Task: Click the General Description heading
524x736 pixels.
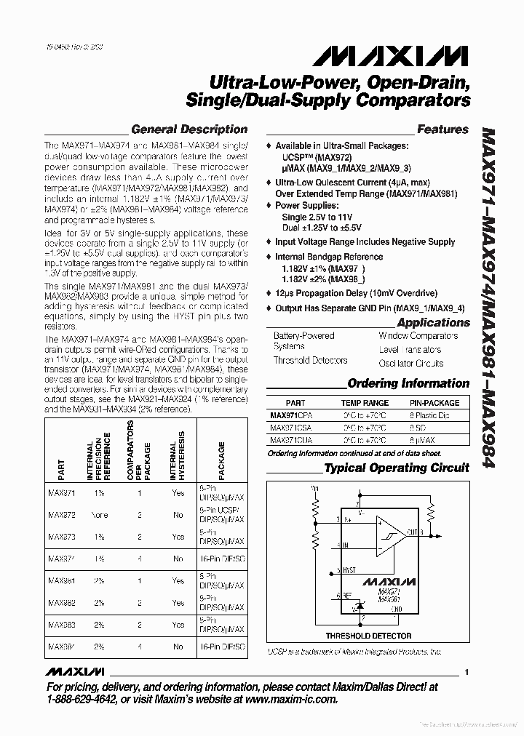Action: tap(188, 129)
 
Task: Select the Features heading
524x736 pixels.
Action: tap(442, 129)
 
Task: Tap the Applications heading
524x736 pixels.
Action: tap(433, 322)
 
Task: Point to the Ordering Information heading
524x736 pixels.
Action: tap(408, 383)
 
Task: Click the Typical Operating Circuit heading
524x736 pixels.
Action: tap(397, 468)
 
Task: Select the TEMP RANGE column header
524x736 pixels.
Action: tap(365, 402)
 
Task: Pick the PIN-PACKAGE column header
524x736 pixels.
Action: tap(434, 402)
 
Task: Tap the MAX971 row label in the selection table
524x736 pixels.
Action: tap(61, 492)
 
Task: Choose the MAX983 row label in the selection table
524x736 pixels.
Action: tap(61, 625)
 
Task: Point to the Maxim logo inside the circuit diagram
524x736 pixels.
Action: tap(390, 582)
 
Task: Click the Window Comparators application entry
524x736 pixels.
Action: tap(418, 336)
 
